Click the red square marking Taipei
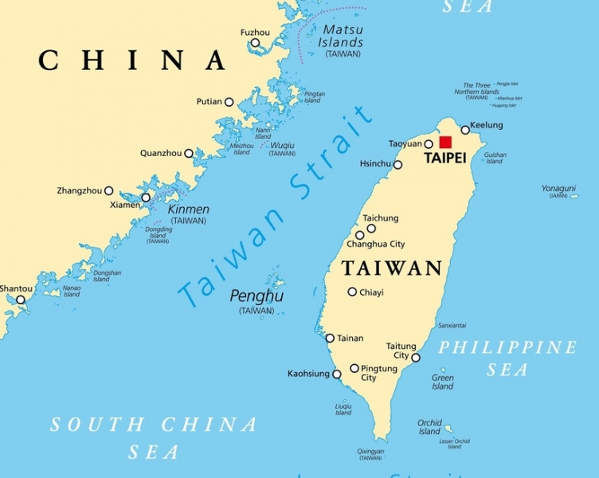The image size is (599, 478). (445, 142)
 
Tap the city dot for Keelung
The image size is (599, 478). (465, 130)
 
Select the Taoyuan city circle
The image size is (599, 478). (429, 145)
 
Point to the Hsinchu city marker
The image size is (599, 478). (398, 165)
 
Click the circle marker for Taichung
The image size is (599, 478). (371, 229)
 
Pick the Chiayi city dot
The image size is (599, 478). (352, 292)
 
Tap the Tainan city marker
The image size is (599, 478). (330, 339)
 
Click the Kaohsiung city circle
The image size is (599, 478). (336, 374)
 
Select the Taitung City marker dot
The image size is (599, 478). (416, 358)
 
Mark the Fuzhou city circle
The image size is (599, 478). (254, 45)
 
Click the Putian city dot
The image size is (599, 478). (229, 102)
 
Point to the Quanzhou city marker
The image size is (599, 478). (189, 153)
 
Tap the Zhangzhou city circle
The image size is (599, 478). (109, 191)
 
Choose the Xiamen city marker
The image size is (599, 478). (146, 198)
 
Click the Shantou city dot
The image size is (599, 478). (21, 300)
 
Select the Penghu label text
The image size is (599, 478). (256, 296)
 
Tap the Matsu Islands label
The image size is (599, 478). (342, 36)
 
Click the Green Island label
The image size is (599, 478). (443, 382)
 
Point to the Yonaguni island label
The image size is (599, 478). (558, 189)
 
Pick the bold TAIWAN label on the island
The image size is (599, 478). (392, 268)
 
